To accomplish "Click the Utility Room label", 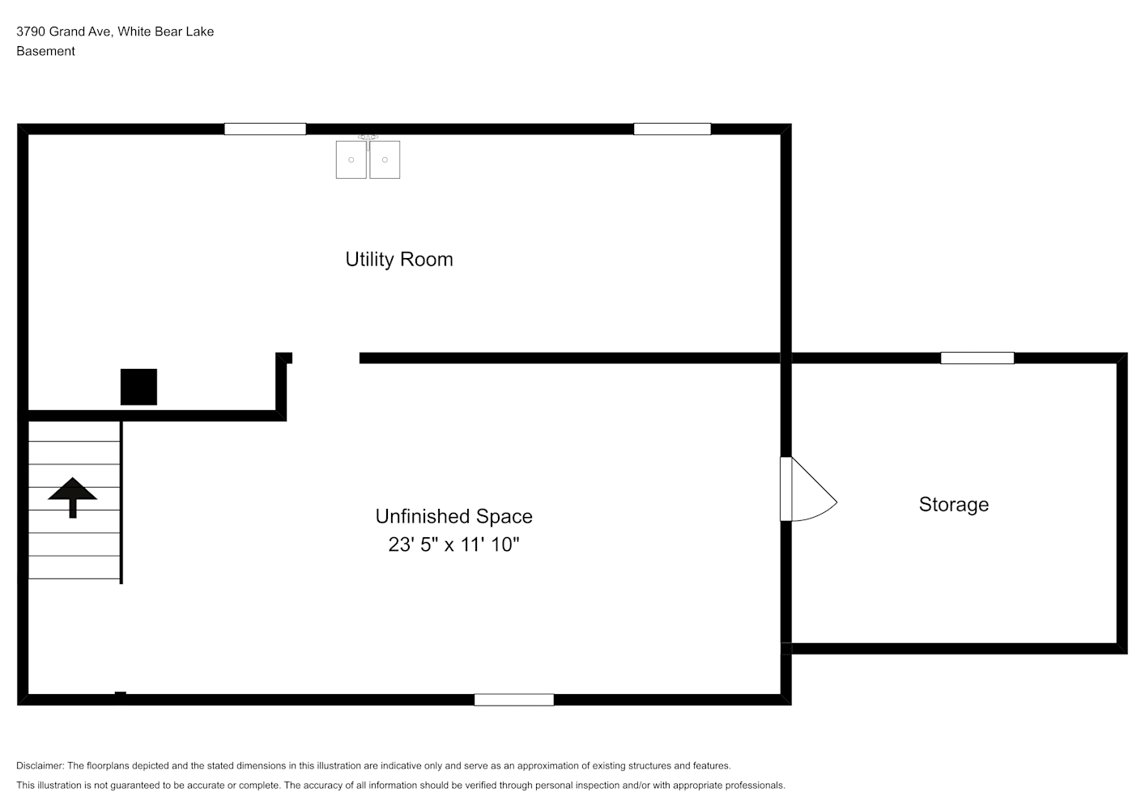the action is point(398,260).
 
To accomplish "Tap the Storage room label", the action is point(954,505).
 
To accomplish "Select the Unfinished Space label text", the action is point(454,516).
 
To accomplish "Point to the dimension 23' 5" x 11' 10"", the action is point(454,544).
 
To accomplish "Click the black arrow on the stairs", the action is point(73,498).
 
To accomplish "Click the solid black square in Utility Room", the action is point(138,388).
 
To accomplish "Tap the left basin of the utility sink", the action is point(351,160).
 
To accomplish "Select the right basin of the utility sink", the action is point(385,160).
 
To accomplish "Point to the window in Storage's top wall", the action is point(977,358).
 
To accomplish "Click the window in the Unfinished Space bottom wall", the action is point(514,700).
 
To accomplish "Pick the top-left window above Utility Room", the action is point(266,129).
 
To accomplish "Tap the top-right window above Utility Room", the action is point(672,129).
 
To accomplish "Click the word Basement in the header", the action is point(45,51).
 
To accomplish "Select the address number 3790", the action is point(31,32).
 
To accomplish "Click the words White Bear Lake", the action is point(166,32).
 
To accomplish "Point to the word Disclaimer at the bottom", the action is point(40,765).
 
